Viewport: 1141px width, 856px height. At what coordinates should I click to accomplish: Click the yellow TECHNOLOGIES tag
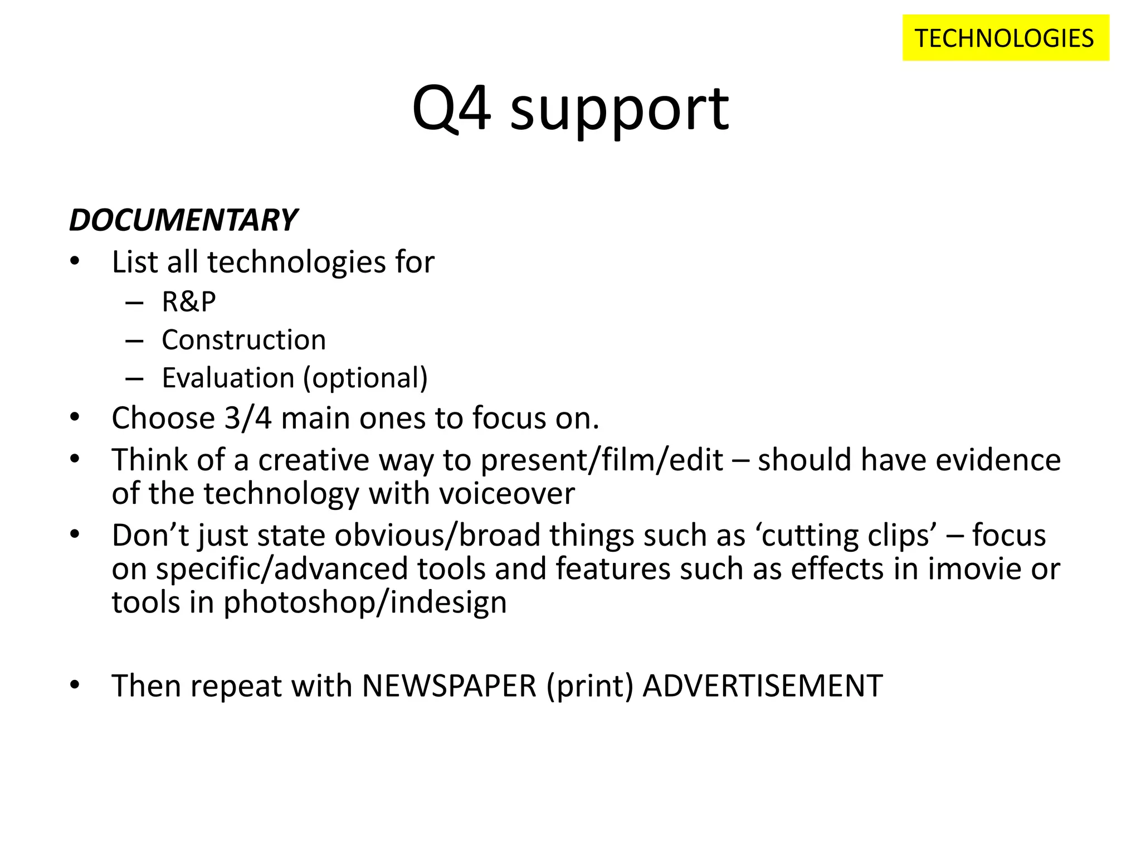(1005, 38)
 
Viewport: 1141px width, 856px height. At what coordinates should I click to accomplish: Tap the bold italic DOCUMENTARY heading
(183, 220)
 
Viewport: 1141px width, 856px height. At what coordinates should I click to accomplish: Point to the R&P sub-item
(188, 301)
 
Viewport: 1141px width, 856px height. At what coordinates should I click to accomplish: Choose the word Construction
(243, 340)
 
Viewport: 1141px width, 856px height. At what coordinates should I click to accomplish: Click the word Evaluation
(227, 378)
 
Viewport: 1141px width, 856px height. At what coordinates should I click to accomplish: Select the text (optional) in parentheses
(365, 378)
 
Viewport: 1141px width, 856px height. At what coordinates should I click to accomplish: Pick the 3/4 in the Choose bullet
(248, 418)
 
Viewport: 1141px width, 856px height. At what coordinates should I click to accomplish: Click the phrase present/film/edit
(602, 460)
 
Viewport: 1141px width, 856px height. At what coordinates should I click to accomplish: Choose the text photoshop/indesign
(365, 602)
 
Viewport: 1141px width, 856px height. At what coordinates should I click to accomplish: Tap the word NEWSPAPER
(449, 685)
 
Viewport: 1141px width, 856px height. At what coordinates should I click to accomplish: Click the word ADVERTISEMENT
(762, 685)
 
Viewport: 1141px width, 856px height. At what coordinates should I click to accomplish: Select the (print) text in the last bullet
(590, 686)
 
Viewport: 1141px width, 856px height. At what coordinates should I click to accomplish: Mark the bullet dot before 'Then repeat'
(75, 684)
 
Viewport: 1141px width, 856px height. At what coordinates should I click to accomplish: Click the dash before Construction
(134, 341)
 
